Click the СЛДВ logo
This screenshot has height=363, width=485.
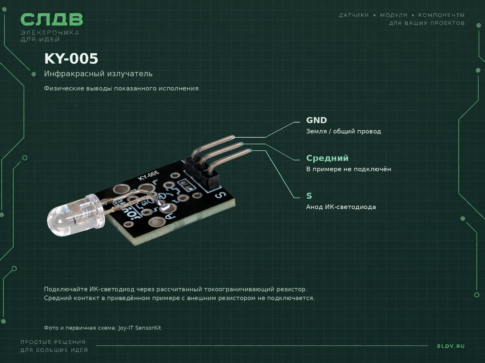(x=52, y=19)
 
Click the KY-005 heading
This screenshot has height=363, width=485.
(x=71, y=59)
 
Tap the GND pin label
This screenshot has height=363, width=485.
(x=316, y=120)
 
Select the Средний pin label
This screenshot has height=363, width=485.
(x=327, y=158)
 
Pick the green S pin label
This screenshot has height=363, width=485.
(x=309, y=196)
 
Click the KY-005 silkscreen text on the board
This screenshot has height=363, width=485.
(x=149, y=175)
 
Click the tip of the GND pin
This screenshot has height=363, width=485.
(x=233, y=137)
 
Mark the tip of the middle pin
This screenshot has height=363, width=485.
(x=242, y=144)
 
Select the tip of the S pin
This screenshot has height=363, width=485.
(x=250, y=151)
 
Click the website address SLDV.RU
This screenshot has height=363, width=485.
(x=451, y=346)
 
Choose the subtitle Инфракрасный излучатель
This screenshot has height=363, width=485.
(x=98, y=74)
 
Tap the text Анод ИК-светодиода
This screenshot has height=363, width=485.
(x=341, y=207)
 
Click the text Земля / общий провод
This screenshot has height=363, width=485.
(x=343, y=131)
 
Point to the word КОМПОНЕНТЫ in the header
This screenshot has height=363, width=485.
(x=441, y=15)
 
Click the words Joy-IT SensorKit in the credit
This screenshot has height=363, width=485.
(x=140, y=328)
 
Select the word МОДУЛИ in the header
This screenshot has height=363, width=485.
(x=394, y=15)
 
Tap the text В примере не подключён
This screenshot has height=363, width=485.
(x=349, y=169)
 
